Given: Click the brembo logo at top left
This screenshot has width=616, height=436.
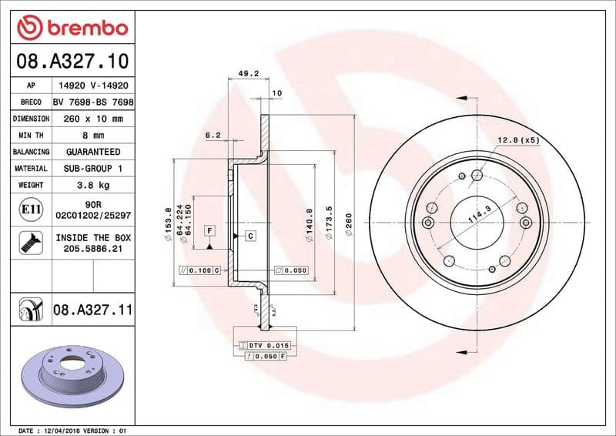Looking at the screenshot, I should [x=72, y=28].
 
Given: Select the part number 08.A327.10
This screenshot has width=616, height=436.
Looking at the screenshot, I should [x=72, y=60].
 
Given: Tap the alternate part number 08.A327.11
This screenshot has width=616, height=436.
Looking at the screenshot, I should [x=92, y=310].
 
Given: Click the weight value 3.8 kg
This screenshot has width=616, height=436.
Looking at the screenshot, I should [x=92, y=185].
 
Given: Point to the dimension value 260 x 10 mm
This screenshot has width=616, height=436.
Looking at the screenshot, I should [x=92, y=119].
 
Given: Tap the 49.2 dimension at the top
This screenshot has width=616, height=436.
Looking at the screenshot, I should [x=247, y=75].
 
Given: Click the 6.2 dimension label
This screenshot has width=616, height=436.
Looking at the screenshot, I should [x=213, y=135].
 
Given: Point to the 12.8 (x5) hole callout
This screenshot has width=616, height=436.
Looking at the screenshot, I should [x=518, y=140].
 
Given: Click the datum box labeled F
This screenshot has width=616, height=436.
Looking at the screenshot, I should [x=209, y=231].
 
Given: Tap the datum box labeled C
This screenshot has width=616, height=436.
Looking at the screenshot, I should [x=250, y=235].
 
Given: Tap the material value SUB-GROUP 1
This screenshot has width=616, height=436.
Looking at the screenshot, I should [x=92, y=168].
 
